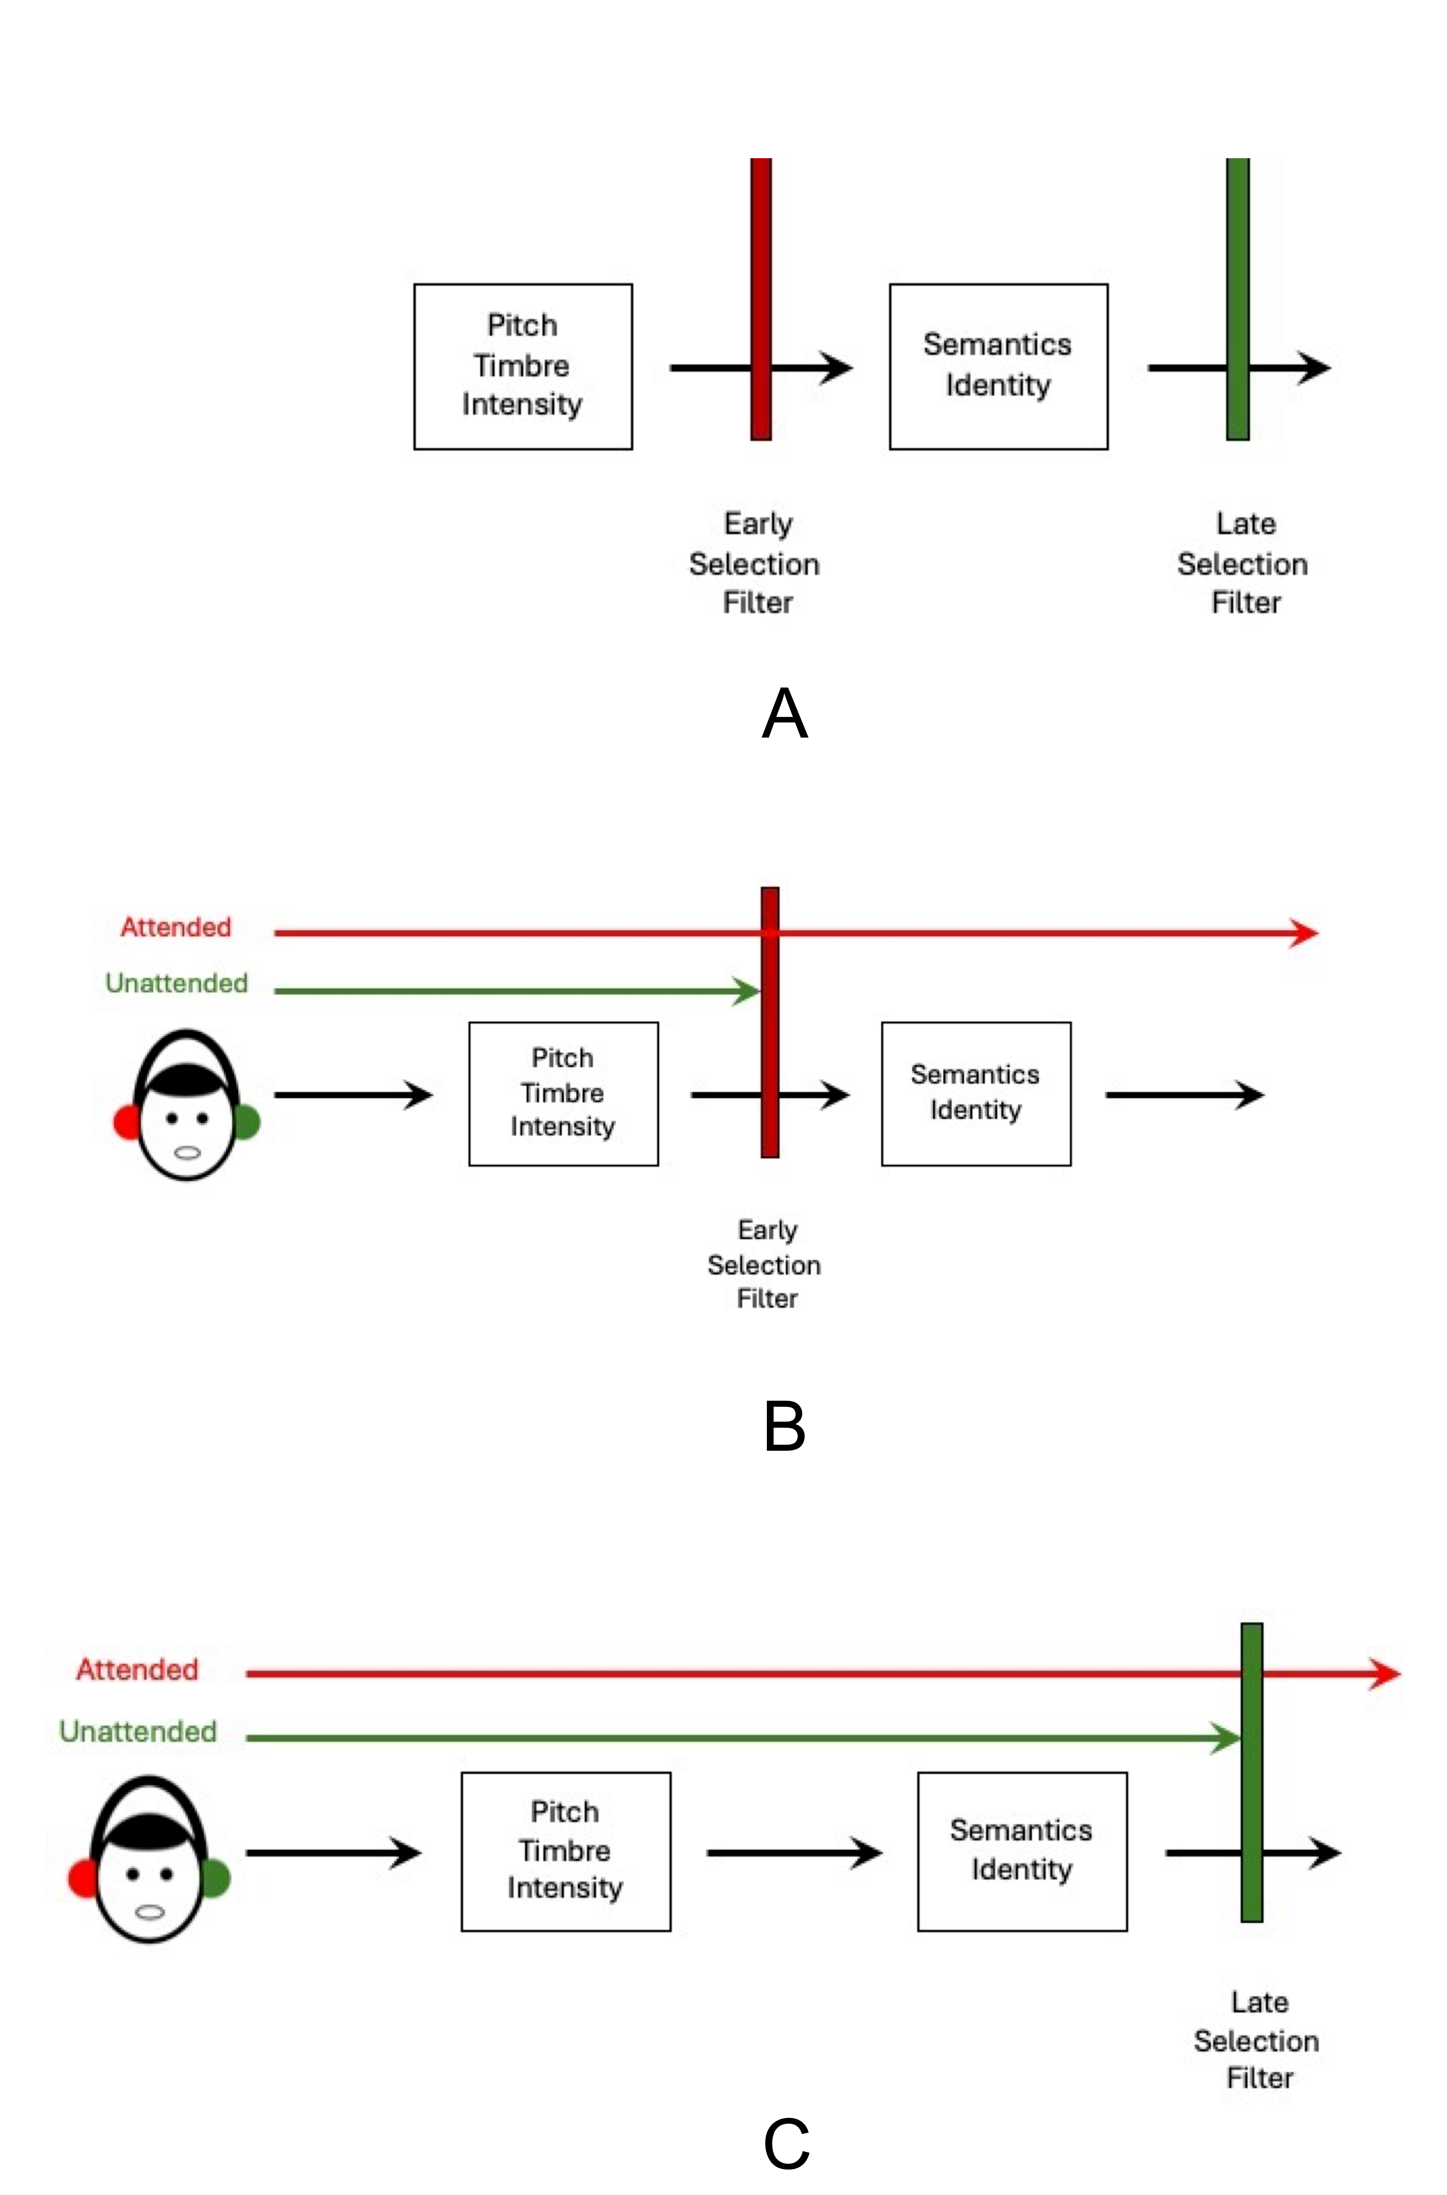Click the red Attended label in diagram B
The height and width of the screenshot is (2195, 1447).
point(176,927)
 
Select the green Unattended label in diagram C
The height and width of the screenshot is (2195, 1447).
point(138,1731)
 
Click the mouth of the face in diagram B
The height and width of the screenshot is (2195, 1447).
point(187,1152)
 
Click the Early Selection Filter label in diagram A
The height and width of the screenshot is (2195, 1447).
point(755,563)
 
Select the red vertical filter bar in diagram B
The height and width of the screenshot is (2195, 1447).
point(770,1022)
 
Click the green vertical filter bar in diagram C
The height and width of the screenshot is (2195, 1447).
point(1251,1772)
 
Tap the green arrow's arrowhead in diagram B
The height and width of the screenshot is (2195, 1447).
point(747,991)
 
